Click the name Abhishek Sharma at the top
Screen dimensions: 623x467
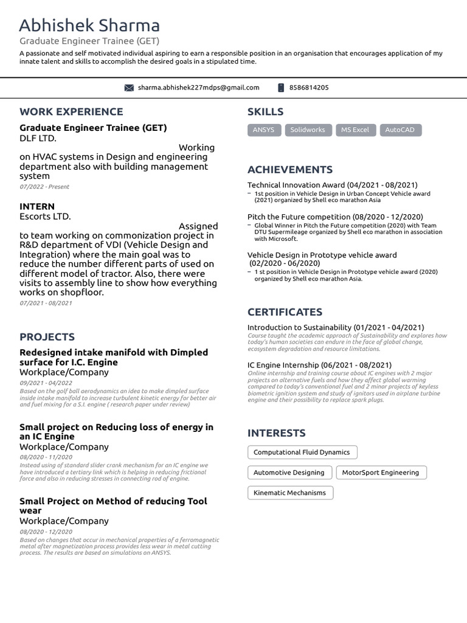coord(89,26)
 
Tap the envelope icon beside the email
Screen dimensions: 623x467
coord(129,88)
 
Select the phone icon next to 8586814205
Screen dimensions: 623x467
coord(281,88)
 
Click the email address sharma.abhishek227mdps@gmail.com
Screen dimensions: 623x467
coord(198,88)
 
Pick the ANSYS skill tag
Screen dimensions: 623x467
coord(263,130)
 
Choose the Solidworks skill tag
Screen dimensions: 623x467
coord(307,130)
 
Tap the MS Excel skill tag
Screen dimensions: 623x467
coord(355,130)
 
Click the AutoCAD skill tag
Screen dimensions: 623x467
coord(400,130)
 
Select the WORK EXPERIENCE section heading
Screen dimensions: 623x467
coord(71,111)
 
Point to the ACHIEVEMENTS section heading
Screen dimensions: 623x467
coord(290,170)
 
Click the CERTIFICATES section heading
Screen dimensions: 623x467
coord(285,312)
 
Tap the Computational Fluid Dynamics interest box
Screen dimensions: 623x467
coord(302,452)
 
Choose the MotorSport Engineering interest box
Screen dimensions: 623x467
coord(380,472)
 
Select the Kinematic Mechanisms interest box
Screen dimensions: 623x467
coord(290,493)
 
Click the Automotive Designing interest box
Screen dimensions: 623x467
coord(289,472)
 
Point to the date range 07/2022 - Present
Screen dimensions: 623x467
coord(44,187)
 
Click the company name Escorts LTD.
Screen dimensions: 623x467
coord(45,216)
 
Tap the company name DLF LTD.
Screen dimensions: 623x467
coord(38,137)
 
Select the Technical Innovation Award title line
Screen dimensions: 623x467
coord(332,185)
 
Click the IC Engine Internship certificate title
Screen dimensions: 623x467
coord(319,365)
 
